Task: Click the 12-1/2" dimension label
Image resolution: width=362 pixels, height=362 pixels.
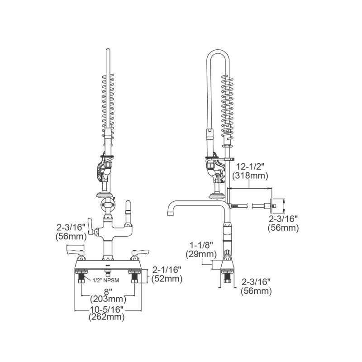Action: click(x=250, y=167)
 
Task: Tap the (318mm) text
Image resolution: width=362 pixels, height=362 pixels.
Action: click(x=250, y=176)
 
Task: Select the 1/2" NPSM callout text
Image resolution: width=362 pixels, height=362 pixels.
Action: click(x=106, y=281)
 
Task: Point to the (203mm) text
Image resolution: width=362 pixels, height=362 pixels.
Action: click(x=108, y=299)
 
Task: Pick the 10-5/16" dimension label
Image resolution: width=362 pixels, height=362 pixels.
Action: click(x=107, y=309)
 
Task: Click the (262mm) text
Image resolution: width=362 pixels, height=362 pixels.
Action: click(x=107, y=317)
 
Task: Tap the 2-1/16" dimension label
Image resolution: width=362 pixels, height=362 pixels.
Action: click(x=167, y=270)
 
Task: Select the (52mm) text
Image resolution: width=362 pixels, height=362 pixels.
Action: click(x=167, y=279)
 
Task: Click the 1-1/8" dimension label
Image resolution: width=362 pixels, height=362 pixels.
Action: click(x=201, y=245)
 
